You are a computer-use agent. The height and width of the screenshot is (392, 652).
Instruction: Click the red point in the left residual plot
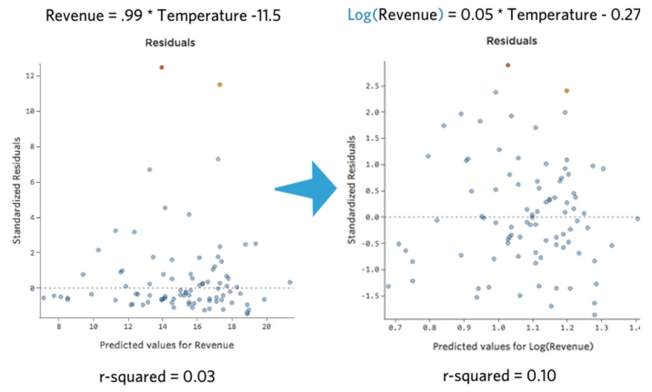161,67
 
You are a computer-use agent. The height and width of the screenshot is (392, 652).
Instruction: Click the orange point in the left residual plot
220,85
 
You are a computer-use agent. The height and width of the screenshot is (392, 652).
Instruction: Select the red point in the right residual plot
508,65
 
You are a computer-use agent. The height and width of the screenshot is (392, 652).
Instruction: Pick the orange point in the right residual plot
567,91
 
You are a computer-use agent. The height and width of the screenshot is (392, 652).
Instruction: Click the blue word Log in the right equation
359,15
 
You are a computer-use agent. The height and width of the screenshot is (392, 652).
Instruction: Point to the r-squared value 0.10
541,376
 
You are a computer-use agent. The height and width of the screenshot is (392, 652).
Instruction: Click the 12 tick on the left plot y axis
30,75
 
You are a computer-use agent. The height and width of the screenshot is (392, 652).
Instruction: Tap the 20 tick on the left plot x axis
266,327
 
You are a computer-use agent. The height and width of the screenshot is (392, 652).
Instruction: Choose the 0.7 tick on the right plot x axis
395,327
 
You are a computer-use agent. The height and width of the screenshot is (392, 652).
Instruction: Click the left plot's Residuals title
170,43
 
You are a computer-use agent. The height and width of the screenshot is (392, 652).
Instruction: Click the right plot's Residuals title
512,41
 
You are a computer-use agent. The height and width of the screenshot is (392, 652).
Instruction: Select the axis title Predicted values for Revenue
167,345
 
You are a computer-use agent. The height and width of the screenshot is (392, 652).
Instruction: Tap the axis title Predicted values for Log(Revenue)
513,347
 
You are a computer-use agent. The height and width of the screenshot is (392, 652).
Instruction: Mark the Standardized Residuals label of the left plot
17,191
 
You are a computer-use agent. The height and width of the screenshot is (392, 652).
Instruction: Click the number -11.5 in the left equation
266,15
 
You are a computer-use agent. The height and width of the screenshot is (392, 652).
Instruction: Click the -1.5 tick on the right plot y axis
372,296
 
